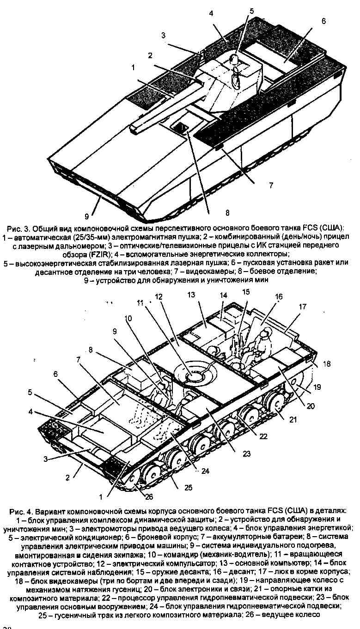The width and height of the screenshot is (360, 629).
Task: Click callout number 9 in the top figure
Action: tap(87, 216)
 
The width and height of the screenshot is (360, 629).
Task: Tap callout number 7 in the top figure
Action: tap(271, 185)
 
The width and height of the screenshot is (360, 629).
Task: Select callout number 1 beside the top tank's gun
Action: tap(133, 68)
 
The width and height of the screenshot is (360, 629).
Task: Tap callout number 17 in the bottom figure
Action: tap(302, 307)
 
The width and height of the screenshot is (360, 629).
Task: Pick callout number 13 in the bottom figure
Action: tap(191, 295)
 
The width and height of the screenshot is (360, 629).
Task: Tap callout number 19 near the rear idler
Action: tap(317, 387)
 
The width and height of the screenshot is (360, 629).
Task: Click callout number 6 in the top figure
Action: tap(323, 21)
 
